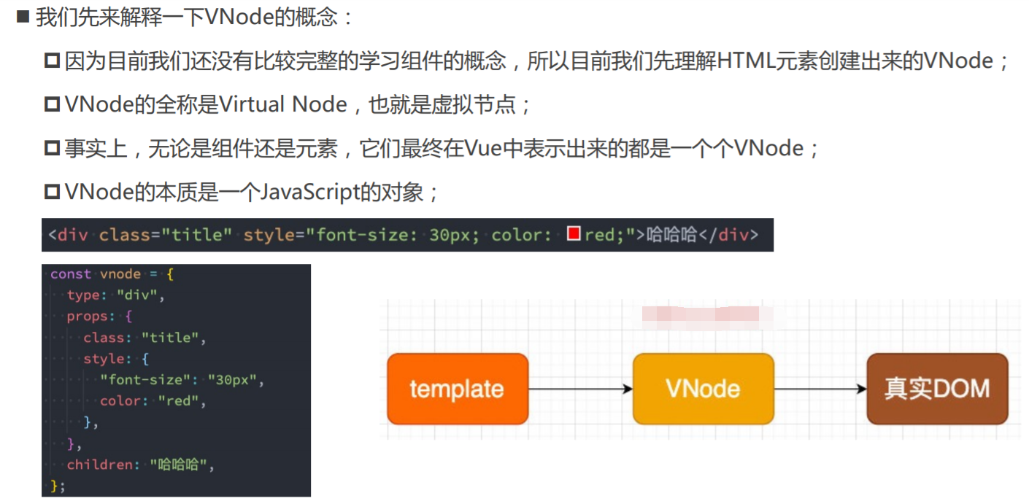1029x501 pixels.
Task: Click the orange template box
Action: pyautogui.click(x=458, y=389)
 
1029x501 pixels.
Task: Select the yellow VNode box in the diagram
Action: pyautogui.click(x=704, y=389)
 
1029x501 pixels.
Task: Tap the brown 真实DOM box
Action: pyautogui.click(x=937, y=389)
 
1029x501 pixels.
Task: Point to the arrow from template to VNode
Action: pyautogui.click(x=581, y=389)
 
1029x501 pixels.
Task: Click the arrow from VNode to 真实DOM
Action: pyautogui.click(x=820, y=389)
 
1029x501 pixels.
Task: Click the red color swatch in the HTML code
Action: pyautogui.click(x=574, y=233)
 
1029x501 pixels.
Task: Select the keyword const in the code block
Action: pyautogui.click(x=70, y=274)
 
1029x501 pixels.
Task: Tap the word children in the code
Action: pyautogui.click(x=100, y=465)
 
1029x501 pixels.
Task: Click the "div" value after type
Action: pyautogui.click(x=137, y=295)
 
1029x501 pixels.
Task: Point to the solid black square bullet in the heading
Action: pyautogui.click(x=23, y=17)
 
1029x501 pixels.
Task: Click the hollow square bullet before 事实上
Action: pyautogui.click(x=52, y=148)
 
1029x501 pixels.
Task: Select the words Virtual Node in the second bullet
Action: pyautogui.click(x=282, y=104)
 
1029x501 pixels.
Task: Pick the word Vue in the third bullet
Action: pyautogui.click(x=483, y=148)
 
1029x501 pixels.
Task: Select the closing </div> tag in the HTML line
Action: pyautogui.click(x=728, y=235)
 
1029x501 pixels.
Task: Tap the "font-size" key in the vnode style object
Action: pyautogui.click(x=145, y=380)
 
